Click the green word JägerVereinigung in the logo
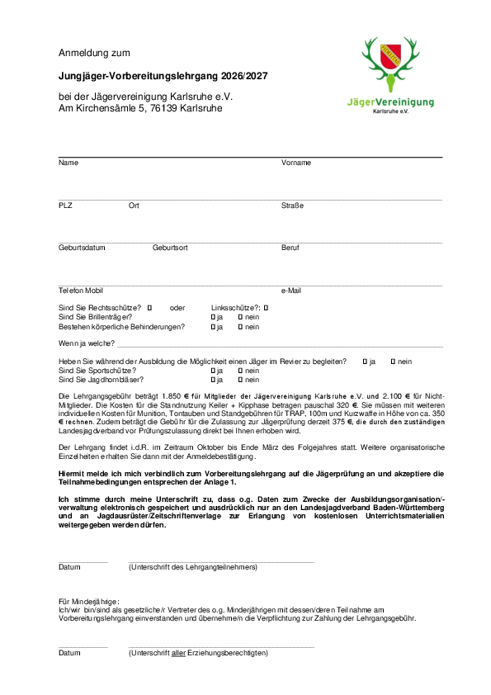click(390, 102)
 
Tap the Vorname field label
click(295, 163)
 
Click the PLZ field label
click(66, 206)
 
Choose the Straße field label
click(292, 206)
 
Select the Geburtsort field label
click(170, 248)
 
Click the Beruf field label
click(290, 248)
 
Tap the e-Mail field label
click(291, 291)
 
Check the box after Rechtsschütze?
click(149, 307)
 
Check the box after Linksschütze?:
click(267, 307)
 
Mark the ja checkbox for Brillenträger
click(213, 317)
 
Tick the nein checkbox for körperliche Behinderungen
click(240, 327)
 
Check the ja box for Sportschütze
click(213, 371)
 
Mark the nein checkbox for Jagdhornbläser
click(240, 381)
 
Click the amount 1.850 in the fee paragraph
click(172, 396)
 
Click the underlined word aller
click(178, 653)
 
